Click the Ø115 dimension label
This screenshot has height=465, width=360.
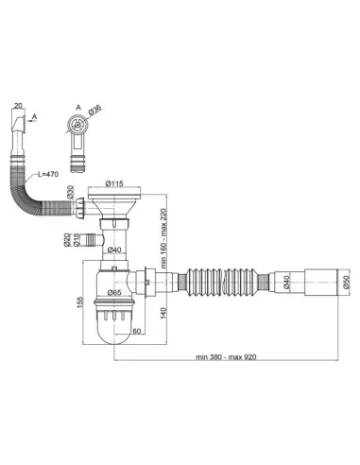tap(114, 183)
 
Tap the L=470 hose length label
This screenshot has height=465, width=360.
tap(48, 174)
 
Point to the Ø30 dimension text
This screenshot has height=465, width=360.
tap(70, 192)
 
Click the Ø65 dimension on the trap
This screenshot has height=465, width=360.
tap(114, 292)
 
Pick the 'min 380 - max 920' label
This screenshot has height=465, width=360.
tap(226, 357)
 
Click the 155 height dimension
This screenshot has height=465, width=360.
tap(79, 302)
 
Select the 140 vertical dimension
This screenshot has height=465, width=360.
tap(163, 313)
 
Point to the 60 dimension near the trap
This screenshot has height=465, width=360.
tap(136, 331)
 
